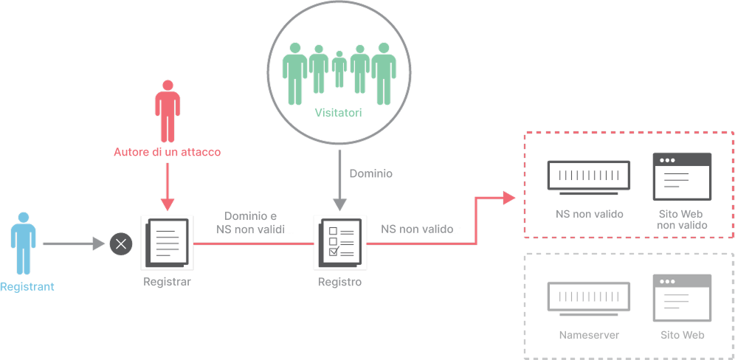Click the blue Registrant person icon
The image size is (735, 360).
click(24, 243)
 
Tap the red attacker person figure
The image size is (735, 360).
click(168, 111)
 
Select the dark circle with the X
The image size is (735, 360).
click(121, 243)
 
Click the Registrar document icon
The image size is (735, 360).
click(168, 243)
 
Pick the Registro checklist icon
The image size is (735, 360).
click(340, 243)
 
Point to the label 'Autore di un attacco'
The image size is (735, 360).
click(167, 153)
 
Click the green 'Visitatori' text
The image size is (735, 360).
click(339, 113)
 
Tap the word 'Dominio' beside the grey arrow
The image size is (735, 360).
click(371, 173)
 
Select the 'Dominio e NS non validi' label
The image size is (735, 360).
click(251, 223)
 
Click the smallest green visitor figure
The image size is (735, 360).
click(339, 69)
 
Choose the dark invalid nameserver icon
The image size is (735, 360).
click(589, 178)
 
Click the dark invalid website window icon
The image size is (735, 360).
click(682, 176)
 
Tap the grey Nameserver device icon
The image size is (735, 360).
click(589, 299)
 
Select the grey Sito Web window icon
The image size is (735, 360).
click(682, 297)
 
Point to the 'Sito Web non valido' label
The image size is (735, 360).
click(682, 220)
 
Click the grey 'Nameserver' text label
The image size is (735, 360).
click(589, 335)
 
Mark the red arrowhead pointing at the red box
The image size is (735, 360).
click(509, 198)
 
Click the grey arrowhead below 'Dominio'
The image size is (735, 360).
click(340, 204)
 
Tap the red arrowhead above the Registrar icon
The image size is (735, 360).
click(168, 204)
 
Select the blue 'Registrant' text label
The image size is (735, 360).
click(27, 286)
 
